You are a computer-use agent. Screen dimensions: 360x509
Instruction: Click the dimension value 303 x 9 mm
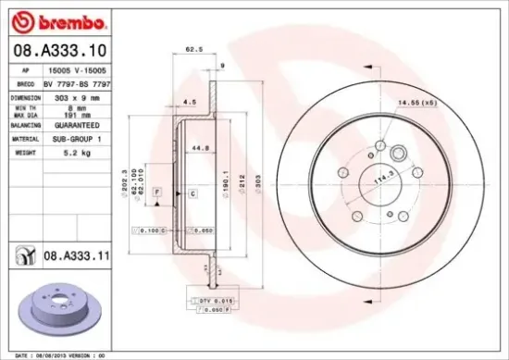(x=65, y=97)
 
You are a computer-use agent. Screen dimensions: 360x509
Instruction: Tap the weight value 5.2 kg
(x=62, y=151)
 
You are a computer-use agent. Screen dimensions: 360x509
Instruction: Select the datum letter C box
(x=192, y=194)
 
